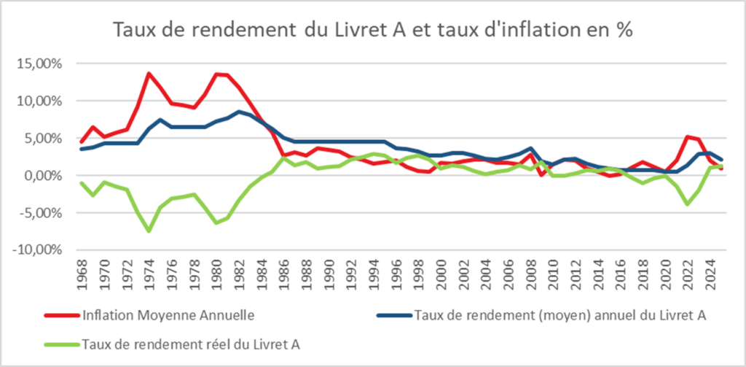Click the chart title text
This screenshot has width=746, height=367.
(x=372, y=31)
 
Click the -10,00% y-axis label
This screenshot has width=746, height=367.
(x=38, y=250)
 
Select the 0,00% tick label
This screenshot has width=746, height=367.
(x=43, y=175)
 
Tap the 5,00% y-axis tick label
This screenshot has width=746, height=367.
(x=43, y=138)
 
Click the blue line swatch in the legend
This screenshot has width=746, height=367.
(x=393, y=316)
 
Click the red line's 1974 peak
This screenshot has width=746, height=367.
(x=149, y=73)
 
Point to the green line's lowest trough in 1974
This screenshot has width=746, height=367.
(x=149, y=231)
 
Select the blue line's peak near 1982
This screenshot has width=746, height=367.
(x=240, y=112)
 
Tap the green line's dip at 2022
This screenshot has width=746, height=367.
(x=686, y=204)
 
